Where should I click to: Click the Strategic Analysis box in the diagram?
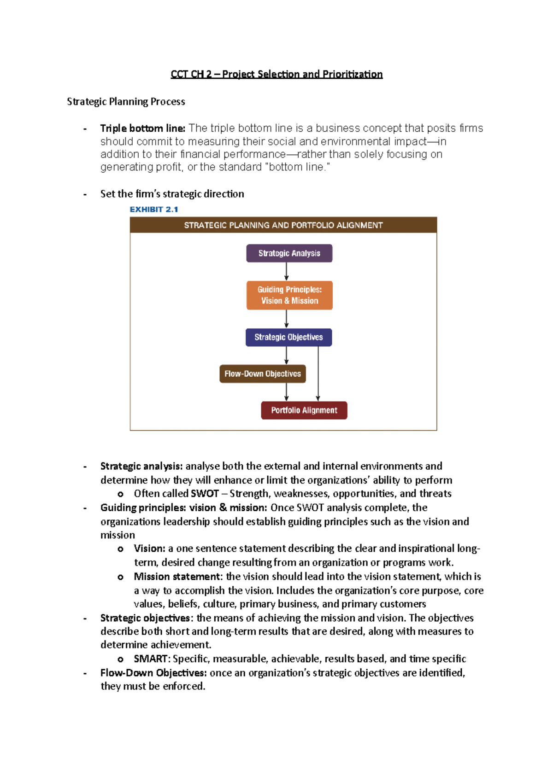[x=289, y=253]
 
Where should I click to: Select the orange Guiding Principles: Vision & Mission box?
[x=289, y=295]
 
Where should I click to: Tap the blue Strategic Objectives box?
[x=288, y=337]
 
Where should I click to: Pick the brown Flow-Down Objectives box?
[x=262, y=373]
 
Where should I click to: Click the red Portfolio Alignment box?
[x=304, y=410]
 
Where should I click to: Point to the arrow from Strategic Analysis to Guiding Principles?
[x=287, y=272]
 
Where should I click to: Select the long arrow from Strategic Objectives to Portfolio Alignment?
[x=318, y=373]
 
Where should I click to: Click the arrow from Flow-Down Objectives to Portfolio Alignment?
[x=287, y=392]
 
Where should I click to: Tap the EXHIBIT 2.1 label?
[x=153, y=210]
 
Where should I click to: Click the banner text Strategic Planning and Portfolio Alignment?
[x=283, y=225]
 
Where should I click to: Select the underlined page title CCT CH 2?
[x=276, y=74]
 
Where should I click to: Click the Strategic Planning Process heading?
[x=126, y=101]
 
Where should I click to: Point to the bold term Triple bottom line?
[x=142, y=128]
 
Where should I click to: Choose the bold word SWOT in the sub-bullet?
[x=205, y=494]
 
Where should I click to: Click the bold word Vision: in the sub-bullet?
[x=149, y=549]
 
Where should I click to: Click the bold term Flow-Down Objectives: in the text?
[x=153, y=673]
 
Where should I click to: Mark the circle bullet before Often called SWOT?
[x=120, y=494]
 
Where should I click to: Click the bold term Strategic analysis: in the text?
[x=141, y=466]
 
